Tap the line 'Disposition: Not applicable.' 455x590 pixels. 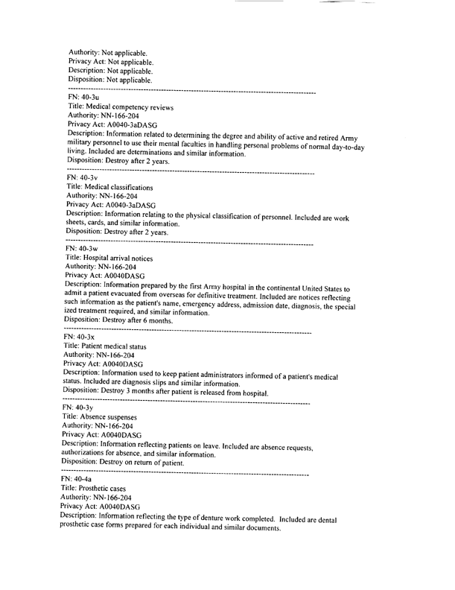(110, 80)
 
